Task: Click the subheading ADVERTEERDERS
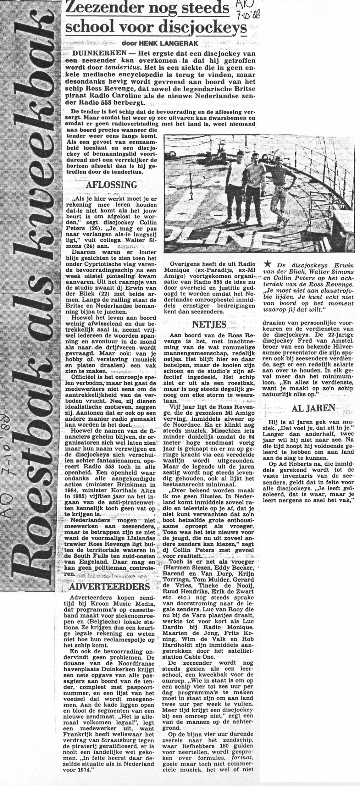[109, 587]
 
